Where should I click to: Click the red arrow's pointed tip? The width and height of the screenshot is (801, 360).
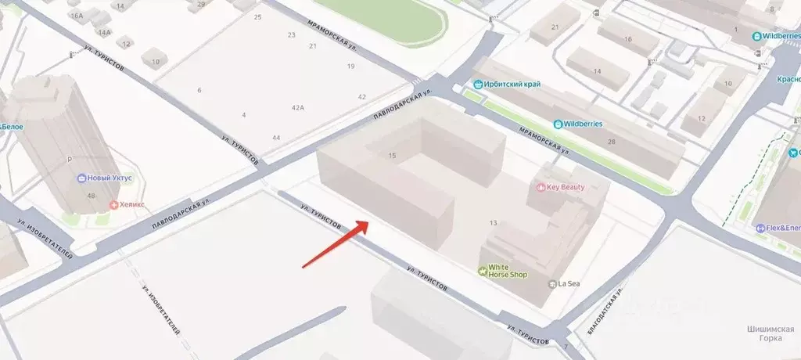368,221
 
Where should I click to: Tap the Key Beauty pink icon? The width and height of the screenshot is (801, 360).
540,188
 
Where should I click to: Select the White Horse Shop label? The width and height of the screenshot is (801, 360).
508,271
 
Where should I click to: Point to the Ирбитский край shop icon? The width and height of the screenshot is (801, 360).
478,85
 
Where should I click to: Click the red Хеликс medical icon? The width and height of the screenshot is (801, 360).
114,205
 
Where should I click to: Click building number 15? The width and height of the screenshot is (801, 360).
392,156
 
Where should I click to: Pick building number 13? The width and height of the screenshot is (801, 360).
493,223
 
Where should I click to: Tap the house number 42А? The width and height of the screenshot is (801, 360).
297,108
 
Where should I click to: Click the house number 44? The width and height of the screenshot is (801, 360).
276,138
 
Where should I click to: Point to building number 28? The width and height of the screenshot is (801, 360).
611,142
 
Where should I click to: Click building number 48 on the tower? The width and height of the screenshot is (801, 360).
92,196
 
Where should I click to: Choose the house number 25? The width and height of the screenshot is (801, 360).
257,16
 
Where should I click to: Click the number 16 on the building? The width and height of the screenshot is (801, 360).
627,39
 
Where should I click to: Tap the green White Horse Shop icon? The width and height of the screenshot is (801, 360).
483,271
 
